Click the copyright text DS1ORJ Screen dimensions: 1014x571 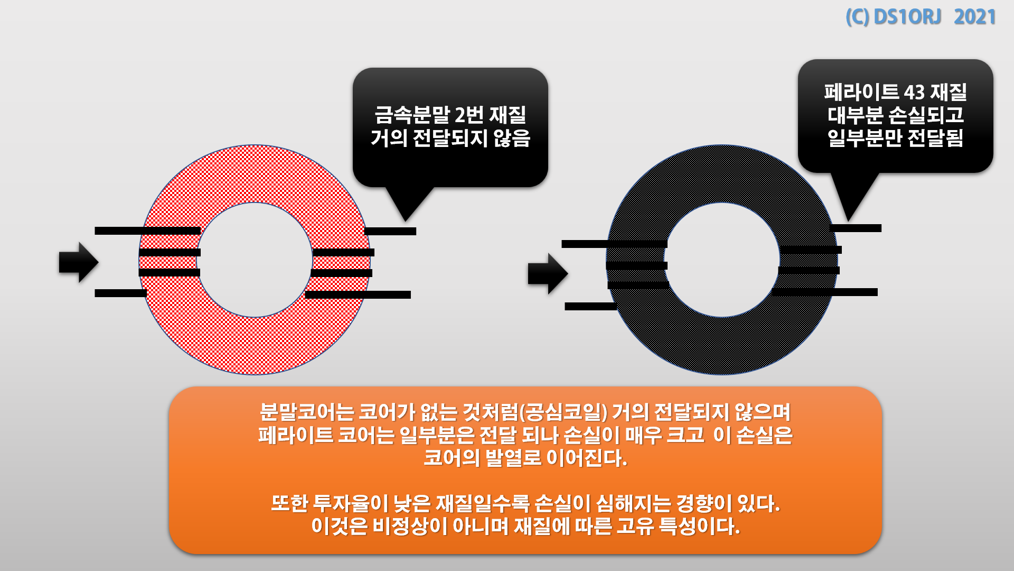(x=907, y=17)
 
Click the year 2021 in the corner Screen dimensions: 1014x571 (x=974, y=17)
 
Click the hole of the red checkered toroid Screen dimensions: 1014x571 (x=255, y=260)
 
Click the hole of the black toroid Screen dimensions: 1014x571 (x=722, y=260)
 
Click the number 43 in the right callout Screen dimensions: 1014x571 (x=914, y=93)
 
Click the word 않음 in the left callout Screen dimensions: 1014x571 (x=512, y=139)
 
